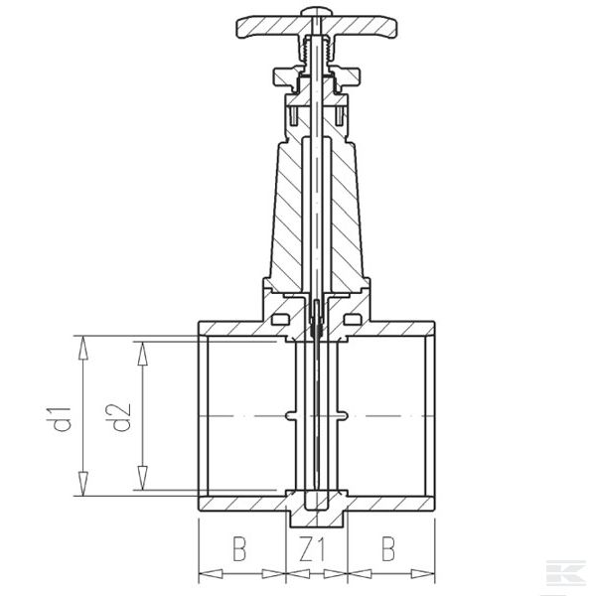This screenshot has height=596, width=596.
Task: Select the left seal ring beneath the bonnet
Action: point(279,319)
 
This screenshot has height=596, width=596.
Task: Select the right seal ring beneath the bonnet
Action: point(355,319)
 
